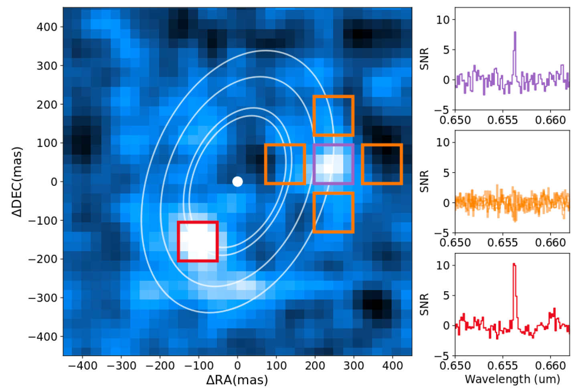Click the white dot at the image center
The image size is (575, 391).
click(237, 182)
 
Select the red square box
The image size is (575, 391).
click(198, 242)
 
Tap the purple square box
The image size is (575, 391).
click(333, 164)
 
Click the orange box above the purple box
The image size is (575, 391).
click(333, 116)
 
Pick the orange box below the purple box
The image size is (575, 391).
click(333, 212)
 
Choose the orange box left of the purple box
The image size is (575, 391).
click(285, 164)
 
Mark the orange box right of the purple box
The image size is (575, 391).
click(382, 164)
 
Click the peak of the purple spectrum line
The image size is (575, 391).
click(515, 32)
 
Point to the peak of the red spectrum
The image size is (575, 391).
click(514, 264)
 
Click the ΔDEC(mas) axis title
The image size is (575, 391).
click(17, 181)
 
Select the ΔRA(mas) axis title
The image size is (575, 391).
click(237, 379)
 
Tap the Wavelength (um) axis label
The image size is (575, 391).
click(512, 379)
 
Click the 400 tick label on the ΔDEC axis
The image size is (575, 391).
click(47, 27)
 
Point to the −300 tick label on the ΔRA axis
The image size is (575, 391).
click(121, 365)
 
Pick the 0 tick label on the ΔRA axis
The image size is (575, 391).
click(237, 365)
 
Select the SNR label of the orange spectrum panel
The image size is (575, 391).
click(424, 181)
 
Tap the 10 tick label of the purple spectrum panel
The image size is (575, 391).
click(443, 20)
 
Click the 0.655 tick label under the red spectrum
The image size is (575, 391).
click(502, 365)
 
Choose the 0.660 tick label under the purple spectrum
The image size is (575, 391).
click(550, 120)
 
